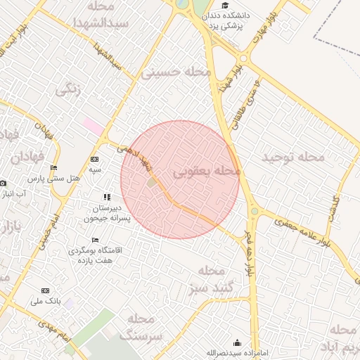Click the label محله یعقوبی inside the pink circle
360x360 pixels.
(207, 171)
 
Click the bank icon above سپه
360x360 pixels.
(95, 160)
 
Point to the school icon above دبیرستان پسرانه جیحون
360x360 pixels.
(107, 198)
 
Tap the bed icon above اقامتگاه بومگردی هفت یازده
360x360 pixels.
(95, 240)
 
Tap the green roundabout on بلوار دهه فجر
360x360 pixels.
(255, 210)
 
